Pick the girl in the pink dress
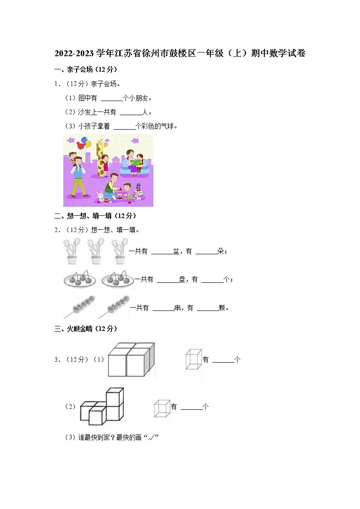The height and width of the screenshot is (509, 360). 105,165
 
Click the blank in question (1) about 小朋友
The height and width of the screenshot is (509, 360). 112,98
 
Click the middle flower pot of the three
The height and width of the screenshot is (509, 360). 96,251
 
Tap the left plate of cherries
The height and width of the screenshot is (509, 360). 80,279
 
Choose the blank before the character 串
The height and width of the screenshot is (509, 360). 163,308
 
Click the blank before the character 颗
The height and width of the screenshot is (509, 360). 208,308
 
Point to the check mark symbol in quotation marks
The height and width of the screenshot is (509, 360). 152,437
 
